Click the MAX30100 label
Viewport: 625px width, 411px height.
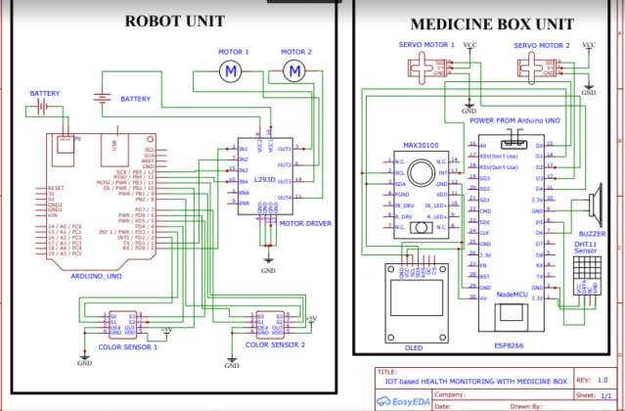[x=423, y=145]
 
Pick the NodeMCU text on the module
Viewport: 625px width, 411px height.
[x=513, y=294]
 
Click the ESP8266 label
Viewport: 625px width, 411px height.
[x=509, y=344]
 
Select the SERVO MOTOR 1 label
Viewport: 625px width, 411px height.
[x=426, y=45]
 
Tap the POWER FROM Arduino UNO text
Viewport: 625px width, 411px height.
[x=513, y=120]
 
